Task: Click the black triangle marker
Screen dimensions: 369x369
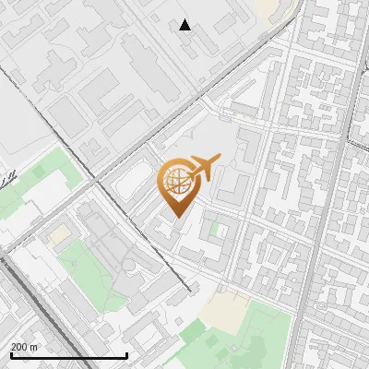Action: (185, 25)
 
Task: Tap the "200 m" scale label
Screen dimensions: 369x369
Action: (24, 347)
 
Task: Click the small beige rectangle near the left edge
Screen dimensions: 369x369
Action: (59, 236)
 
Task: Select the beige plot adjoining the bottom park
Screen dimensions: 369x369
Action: (223, 310)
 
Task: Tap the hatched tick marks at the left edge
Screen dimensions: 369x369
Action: (7, 176)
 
